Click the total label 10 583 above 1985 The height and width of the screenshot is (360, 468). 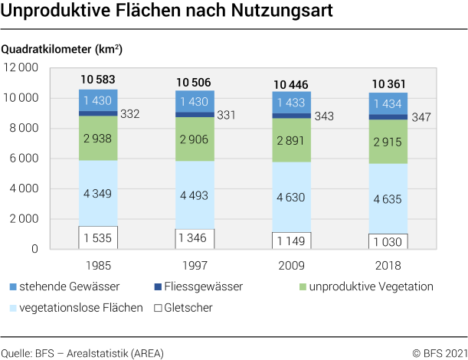pyautogui.click(x=98, y=80)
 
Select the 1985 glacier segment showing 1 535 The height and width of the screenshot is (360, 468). pyautogui.click(x=98, y=237)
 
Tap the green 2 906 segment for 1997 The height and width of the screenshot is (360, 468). pyautogui.click(x=195, y=139)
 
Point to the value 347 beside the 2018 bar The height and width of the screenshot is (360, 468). pyautogui.click(x=421, y=118)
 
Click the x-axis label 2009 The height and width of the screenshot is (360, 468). pyautogui.click(x=291, y=266)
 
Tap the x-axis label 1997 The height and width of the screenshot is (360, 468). pyautogui.click(x=195, y=266)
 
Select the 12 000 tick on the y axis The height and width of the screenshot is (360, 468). pyautogui.click(x=21, y=67)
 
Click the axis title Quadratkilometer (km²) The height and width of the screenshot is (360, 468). pyautogui.click(x=62, y=49)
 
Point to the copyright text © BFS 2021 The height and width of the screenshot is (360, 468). pyautogui.click(x=439, y=353)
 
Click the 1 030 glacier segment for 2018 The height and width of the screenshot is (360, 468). pyautogui.click(x=388, y=241)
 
